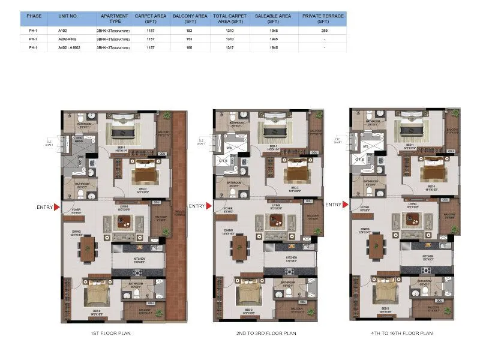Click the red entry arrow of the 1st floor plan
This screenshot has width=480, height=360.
(x=57, y=208)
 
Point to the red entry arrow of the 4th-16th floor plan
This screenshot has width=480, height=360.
(x=347, y=205)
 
